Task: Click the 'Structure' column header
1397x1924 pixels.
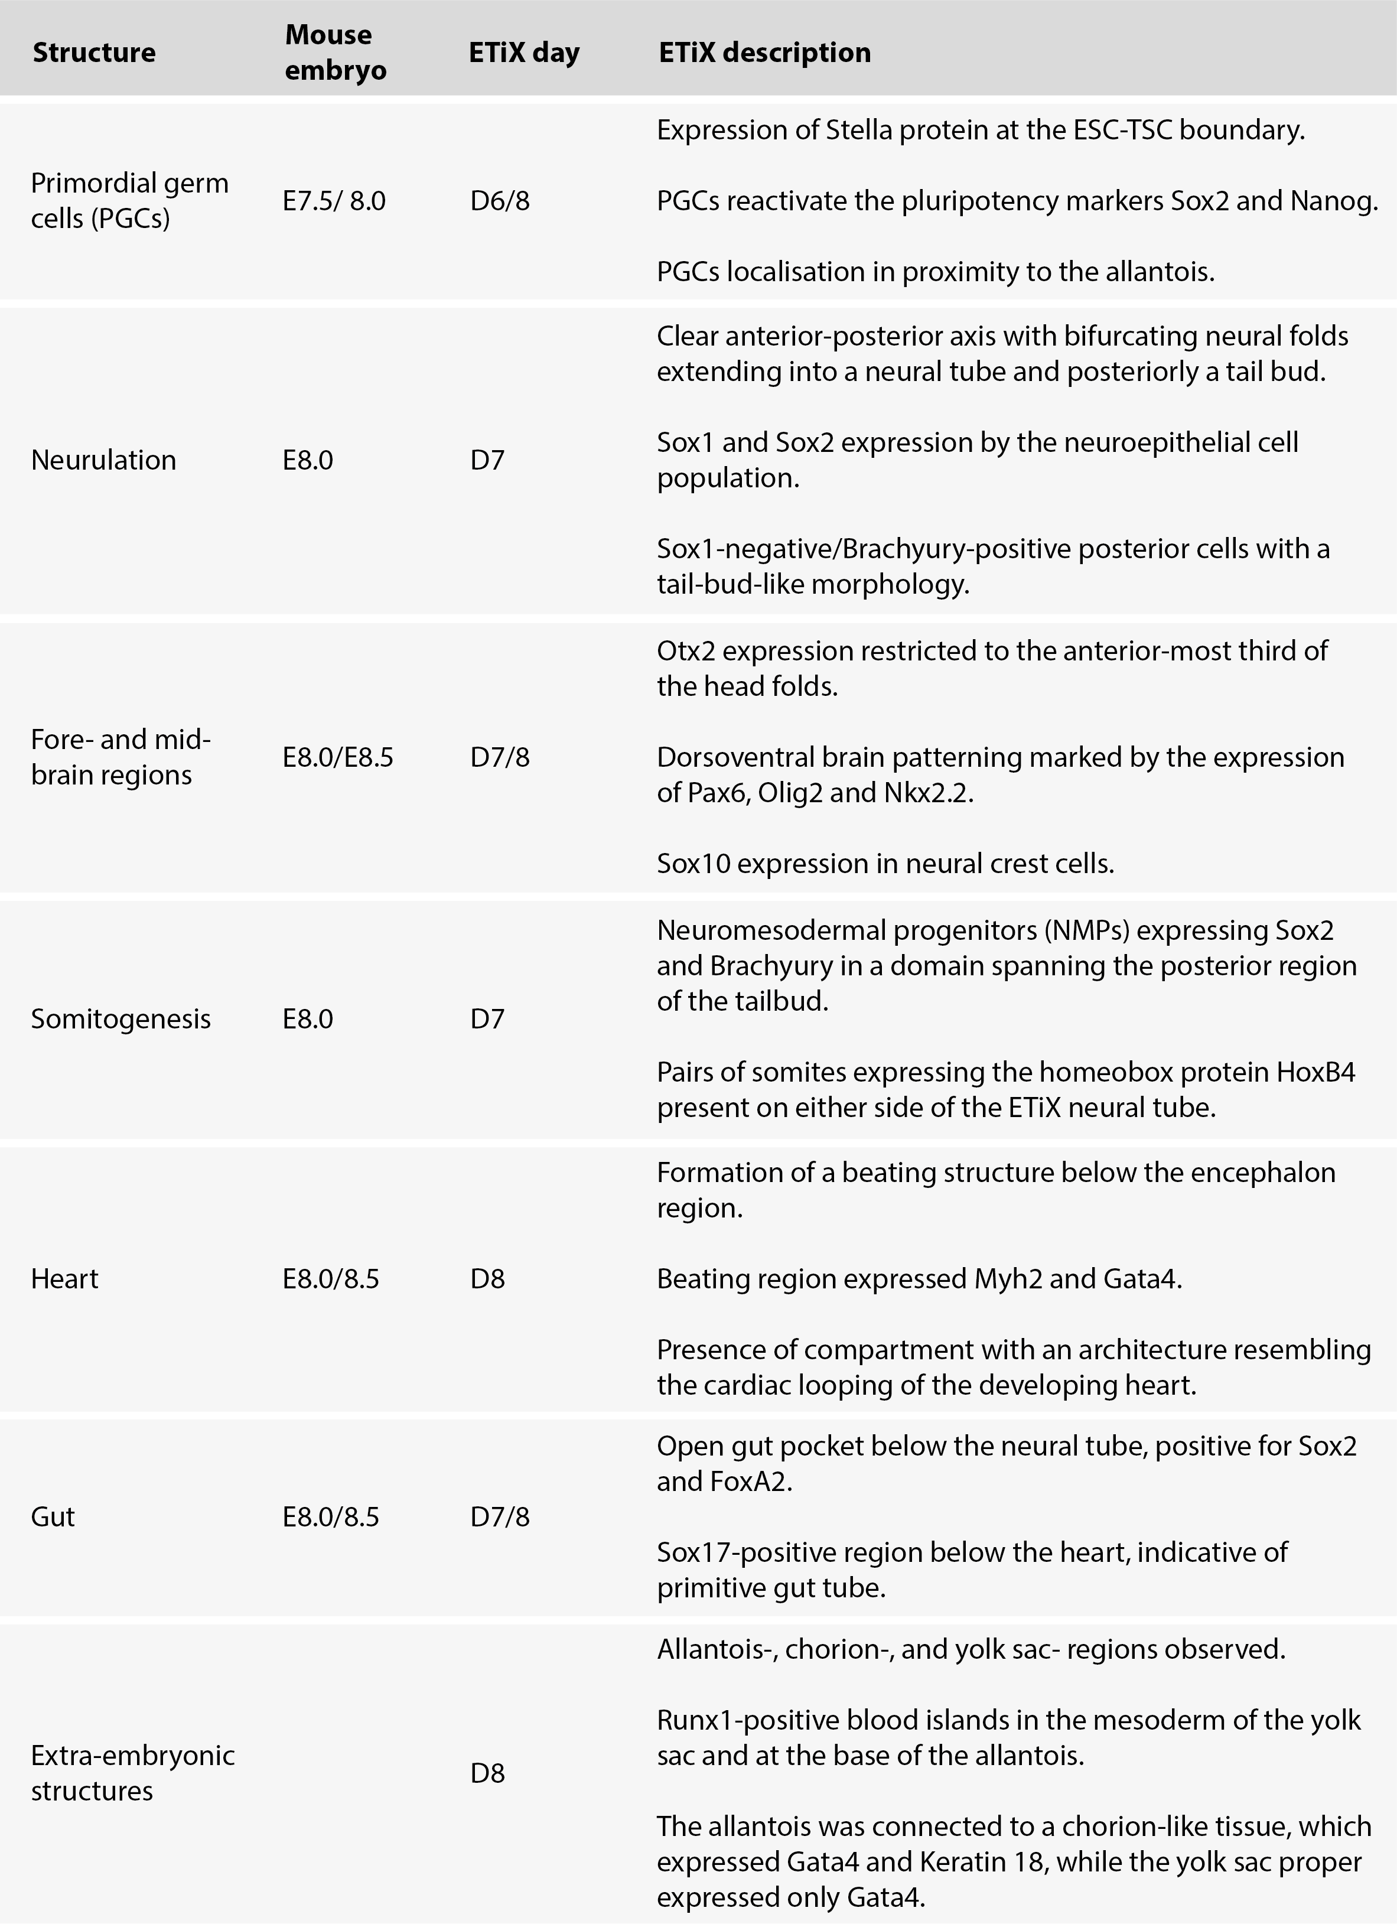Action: tap(94, 53)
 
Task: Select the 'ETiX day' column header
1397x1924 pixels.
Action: tap(523, 53)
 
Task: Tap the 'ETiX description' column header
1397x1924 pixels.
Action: tap(764, 53)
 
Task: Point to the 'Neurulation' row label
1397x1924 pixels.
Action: tap(103, 460)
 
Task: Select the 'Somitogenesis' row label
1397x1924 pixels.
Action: tap(121, 1019)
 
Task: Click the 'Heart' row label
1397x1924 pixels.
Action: tap(64, 1278)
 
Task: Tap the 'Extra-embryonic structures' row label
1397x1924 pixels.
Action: tap(132, 1772)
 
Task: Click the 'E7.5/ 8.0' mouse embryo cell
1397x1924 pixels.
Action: tap(334, 201)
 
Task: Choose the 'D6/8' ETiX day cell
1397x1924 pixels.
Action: tap(500, 201)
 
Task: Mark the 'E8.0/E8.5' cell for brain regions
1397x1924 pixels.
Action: tap(338, 757)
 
